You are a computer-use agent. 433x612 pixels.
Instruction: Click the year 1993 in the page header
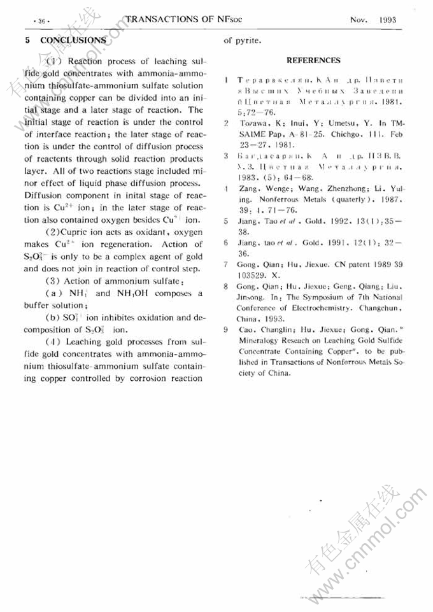(387, 20)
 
